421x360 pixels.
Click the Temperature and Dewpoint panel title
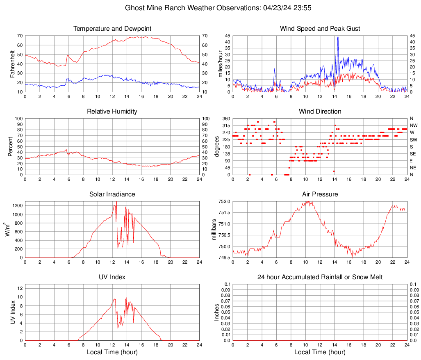pyautogui.click(x=112, y=29)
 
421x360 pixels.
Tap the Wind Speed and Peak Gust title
pyautogui.click(x=320, y=29)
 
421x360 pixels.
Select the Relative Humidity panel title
pyautogui.click(x=112, y=112)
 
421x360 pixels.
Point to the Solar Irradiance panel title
pyautogui.click(x=112, y=194)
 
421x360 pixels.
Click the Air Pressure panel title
pyautogui.click(x=320, y=194)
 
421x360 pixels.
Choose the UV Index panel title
pyautogui.click(x=112, y=277)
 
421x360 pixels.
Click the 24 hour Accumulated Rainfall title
pyautogui.click(x=320, y=277)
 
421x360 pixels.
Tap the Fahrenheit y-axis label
pyautogui.click(x=12, y=64)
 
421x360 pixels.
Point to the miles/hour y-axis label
pyautogui.click(x=220, y=64)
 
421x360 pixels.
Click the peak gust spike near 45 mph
pyautogui.click(x=338, y=37)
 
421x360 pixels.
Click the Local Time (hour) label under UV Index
pyautogui.click(x=112, y=352)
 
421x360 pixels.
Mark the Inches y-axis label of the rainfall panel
pyautogui.click(x=217, y=312)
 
